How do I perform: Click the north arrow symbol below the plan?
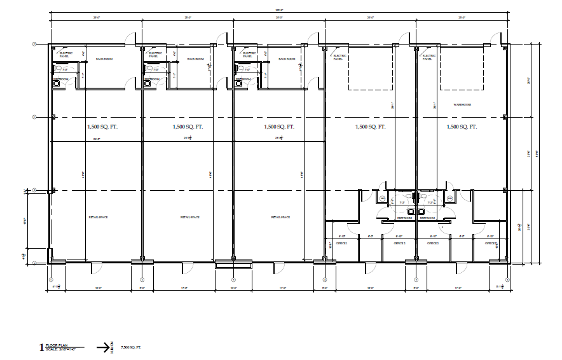(x=106, y=347)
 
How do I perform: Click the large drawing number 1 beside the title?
(x=43, y=347)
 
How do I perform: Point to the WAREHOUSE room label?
(x=462, y=104)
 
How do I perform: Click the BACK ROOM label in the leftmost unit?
(x=104, y=59)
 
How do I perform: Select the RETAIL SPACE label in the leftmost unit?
(x=98, y=218)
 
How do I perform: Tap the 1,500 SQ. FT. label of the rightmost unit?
(x=462, y=127)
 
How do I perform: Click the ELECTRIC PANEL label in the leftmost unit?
(x=66, y=55)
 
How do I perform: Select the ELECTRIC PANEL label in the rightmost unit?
(x=430, y=56)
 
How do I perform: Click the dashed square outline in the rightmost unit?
(x=461, y=67)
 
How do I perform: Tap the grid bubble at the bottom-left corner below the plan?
(x=51, y=279)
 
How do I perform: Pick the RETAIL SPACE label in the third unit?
(x=281, y=218)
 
